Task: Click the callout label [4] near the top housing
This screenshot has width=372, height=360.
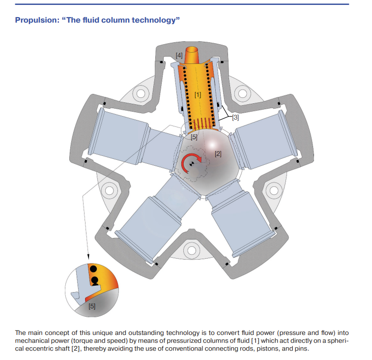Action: pos(179,56)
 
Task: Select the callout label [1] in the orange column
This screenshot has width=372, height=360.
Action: pos(198,95)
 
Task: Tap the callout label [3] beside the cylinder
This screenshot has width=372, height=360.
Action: pos(235,118)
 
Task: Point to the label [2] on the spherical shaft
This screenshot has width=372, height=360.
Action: pos(218,154)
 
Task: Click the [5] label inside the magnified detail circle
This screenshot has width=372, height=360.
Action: pos(92,306)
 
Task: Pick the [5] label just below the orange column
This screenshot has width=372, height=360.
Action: pos(194,137)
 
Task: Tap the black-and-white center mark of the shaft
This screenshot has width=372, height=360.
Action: pos(192,164)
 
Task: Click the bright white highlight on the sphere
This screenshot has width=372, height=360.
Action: pos(212,144)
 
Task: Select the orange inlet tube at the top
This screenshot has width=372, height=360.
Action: pos(192,55)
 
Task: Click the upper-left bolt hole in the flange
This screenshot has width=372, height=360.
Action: pos(141,93)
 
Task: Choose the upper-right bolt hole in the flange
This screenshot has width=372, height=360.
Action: pos(242,93)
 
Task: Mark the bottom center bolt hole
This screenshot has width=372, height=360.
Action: pos(191,250)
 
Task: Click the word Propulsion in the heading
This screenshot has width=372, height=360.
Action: pos(37,20)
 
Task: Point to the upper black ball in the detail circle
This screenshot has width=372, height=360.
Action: pos(93,269)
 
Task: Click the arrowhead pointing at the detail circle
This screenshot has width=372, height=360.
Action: pos(88,257)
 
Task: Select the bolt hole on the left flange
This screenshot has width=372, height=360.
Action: pos(110,190)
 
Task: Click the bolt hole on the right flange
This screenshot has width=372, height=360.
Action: pos(274,190)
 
